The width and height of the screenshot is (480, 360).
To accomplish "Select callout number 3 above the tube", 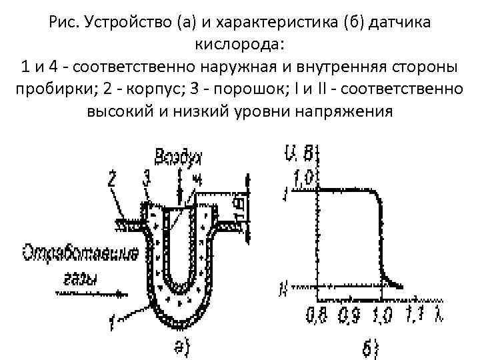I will pos(145,178).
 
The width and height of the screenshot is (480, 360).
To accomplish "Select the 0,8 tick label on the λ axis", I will pos(315,314).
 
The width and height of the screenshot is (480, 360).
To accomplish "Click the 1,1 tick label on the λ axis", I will pos(416,313).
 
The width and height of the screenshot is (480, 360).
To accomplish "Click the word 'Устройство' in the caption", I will pos(125,23).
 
